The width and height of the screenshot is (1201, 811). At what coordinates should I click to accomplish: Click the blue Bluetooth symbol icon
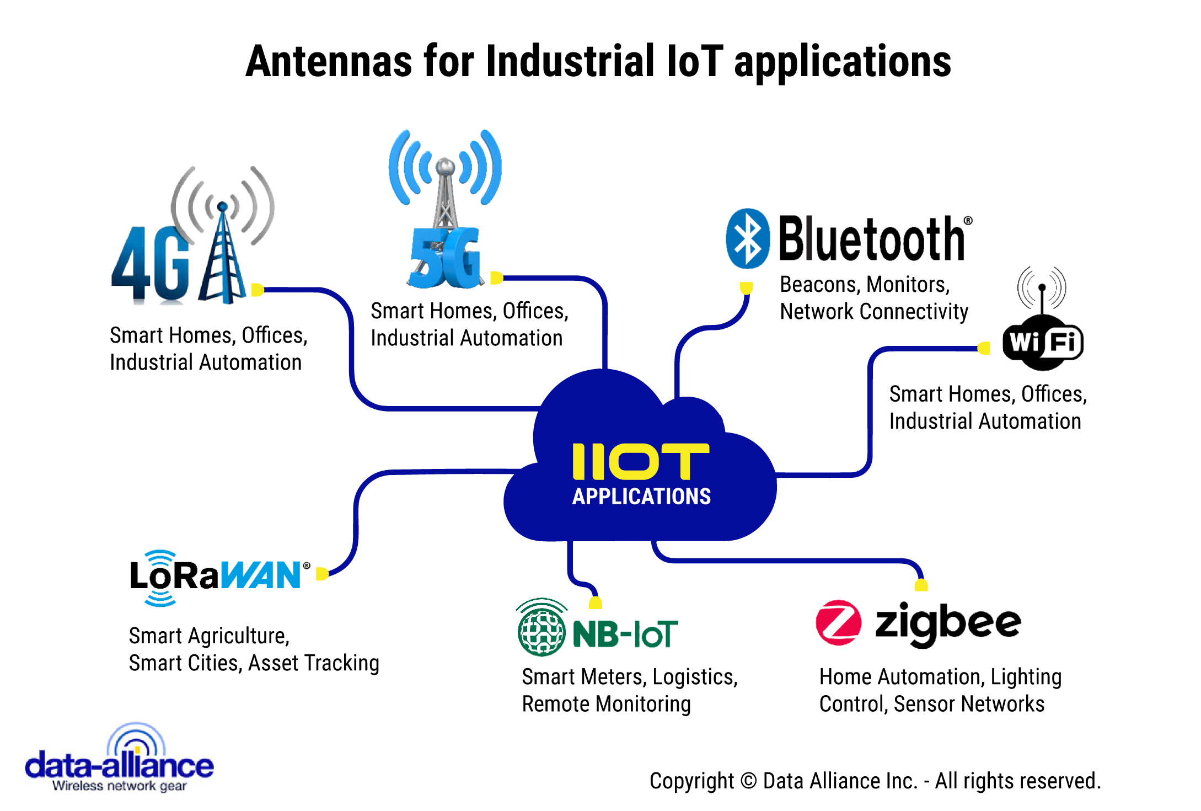[x=747, y=238]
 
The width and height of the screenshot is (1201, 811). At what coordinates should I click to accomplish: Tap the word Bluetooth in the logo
[x=872, y=238]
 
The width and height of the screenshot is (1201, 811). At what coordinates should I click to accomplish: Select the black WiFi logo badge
[x=1043, y=343]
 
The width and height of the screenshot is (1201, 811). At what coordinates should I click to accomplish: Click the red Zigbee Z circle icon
[x=838, y=622]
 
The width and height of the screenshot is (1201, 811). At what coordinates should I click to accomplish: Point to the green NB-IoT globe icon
[x=541, y=629]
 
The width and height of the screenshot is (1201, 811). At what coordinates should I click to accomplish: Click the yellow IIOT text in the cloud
[x=641, y=461]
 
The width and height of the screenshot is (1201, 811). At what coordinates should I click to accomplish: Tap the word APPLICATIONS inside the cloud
[x=641, y=497]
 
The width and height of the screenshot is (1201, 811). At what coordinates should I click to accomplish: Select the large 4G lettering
[x=150, y=264]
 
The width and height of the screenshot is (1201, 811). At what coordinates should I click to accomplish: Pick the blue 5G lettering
[x=446, y=258]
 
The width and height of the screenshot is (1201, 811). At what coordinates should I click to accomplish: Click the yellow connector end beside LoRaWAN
[x=323, y=574]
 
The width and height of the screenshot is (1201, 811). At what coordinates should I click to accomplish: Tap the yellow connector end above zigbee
[x=921, y=585]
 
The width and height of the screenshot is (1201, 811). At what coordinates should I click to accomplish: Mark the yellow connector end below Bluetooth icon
[x=746, y=288]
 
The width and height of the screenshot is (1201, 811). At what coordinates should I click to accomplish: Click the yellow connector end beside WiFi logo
[x=984, y=348]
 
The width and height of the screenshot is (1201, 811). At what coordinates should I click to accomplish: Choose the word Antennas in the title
[x=329, y=61]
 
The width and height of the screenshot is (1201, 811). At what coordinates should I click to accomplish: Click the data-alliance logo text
[x=119, y=766]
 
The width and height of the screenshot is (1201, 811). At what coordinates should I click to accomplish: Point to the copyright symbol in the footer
[x=748, y=781]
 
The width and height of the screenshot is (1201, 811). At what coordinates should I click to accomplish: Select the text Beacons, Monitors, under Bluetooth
[x=865, y=285]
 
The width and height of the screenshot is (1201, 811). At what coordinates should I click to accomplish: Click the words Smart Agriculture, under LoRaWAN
[x=209, y=636]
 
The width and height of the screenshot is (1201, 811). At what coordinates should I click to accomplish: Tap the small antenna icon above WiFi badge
[x=1042, y=289]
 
